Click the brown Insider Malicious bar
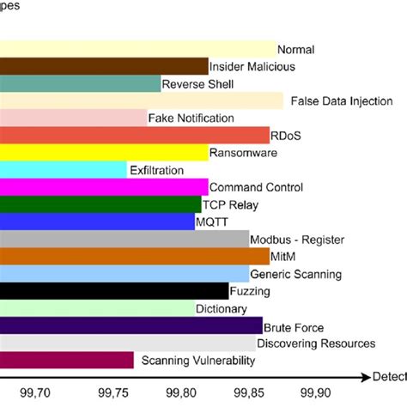coord(103,66)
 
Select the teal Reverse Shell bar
coord(80,83)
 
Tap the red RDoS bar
coord(134,135)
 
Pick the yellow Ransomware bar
coord(103,152)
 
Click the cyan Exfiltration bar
coord(63,170)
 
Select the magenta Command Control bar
coord(103,187)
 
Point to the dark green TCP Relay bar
coord(100,204)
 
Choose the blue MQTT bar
coord(97,222)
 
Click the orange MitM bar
coord(134,256)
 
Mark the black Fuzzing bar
coord(113,291)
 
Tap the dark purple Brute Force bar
coord(131,325)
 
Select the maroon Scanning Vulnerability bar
coord(66,361)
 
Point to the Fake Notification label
coord(191,118)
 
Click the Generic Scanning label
coord(295,274)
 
